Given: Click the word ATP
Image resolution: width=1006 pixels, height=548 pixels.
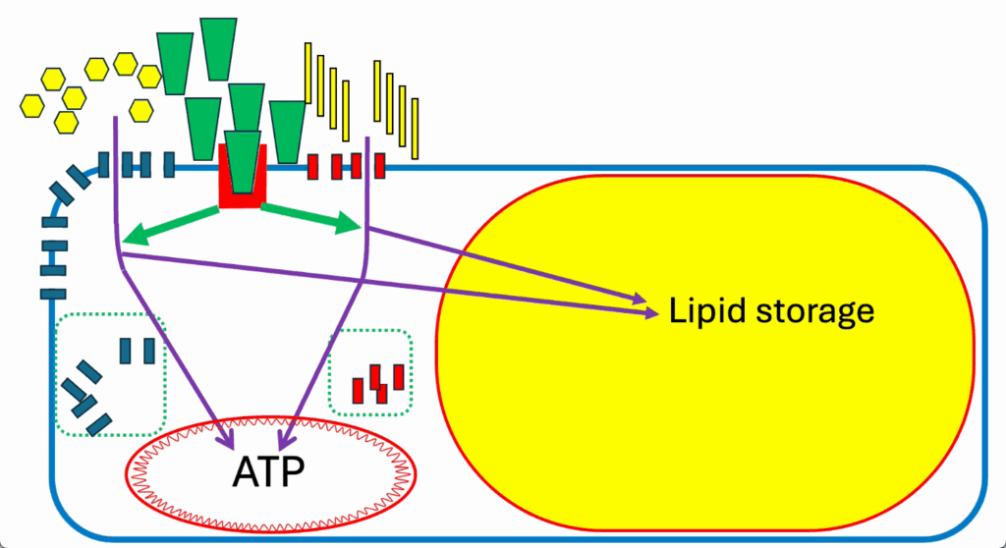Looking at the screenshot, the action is tap(268, 472).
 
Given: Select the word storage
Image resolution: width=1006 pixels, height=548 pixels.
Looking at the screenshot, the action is tap(814, 312).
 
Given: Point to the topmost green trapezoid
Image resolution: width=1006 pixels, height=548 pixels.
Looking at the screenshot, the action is tap(218, 49).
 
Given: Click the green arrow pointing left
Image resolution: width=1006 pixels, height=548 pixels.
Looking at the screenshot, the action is tap(170, 225).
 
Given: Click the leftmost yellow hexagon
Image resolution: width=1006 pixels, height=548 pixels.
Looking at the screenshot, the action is tap(32, 106).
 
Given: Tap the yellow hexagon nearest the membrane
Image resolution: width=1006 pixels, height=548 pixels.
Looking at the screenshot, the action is tap(141, 110).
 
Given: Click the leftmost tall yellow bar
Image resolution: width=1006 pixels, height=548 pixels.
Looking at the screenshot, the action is tap(307, 73).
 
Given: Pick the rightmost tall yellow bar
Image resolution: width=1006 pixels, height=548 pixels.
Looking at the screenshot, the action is tap(416, 129).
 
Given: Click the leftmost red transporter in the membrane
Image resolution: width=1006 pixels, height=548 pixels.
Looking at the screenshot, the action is tap(312, 167).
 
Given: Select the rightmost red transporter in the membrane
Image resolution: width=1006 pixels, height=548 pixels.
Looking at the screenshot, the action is tap(380, 166).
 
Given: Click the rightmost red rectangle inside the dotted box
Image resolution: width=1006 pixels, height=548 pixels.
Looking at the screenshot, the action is tap(399, 377).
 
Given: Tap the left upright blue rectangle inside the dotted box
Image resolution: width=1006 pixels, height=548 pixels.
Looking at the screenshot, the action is tap(126, 351).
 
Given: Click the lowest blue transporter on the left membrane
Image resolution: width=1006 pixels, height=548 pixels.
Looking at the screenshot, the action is tap(53, 295).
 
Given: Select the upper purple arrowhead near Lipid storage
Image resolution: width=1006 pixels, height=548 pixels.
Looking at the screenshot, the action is tap(639, 298).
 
